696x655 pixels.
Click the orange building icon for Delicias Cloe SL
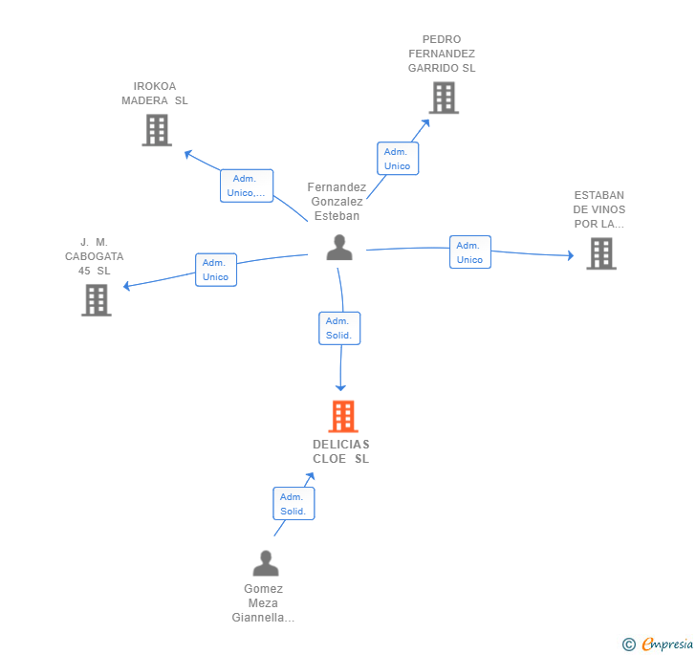342,417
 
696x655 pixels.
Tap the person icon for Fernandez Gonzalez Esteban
338,248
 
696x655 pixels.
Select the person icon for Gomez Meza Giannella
266,563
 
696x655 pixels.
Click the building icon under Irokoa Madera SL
156,130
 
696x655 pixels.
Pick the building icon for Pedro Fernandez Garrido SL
443,98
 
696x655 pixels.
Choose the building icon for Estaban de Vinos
600,253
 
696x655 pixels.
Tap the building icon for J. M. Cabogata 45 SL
96,300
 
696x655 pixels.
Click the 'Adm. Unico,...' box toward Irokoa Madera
247,186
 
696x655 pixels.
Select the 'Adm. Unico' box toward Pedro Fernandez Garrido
397,159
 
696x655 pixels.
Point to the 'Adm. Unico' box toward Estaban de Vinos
469,252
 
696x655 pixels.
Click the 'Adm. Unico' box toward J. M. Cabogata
215,270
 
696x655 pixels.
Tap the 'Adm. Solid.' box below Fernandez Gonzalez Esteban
338,328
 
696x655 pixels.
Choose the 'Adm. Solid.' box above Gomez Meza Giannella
293,504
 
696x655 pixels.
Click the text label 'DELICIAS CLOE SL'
340,451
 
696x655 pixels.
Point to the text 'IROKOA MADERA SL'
155,94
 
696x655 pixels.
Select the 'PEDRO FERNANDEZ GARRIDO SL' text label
442,54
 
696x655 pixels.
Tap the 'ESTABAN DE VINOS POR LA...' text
599,209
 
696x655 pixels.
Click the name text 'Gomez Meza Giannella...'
263,603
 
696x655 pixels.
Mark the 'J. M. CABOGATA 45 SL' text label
95,256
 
